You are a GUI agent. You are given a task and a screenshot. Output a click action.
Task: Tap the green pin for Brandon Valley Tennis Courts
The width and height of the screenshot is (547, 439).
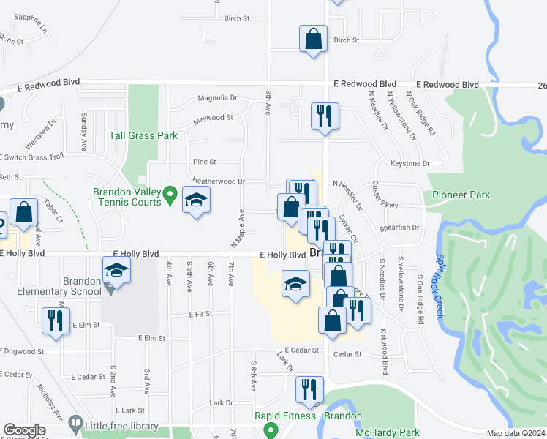(170, 195)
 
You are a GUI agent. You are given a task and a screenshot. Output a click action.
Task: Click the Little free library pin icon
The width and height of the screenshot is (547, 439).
(75, 423)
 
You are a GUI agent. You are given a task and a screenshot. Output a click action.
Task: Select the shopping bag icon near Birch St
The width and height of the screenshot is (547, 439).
(313, 39)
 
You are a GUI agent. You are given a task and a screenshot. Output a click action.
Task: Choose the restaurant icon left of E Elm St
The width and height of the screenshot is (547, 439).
(55, 321)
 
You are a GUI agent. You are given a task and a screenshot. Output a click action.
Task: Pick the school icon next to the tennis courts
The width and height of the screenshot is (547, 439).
(196, 201)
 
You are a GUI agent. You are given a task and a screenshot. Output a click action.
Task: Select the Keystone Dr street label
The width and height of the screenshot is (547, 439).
(410, 164)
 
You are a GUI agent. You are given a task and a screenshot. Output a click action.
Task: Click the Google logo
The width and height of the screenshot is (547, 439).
(24, 430)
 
